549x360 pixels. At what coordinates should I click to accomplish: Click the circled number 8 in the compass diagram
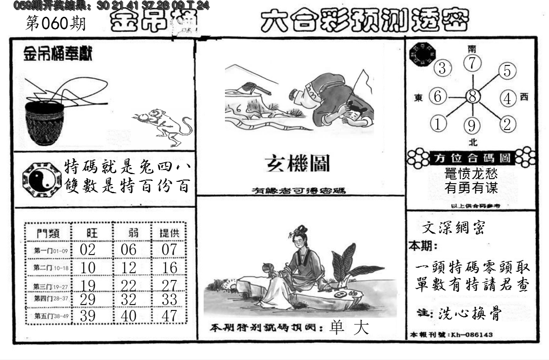tap(473, 97)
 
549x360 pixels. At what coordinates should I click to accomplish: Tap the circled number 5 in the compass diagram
tap(508, 71)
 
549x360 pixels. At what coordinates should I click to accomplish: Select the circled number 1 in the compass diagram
tap(438, 124)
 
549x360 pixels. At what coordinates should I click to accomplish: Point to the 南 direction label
tap(473, 49)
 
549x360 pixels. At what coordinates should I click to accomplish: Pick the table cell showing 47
tap(170, 315)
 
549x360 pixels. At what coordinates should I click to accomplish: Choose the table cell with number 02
tap(87, 249)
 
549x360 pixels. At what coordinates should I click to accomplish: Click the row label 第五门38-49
tap(50, 315)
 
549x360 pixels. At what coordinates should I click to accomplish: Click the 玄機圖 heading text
tap(298, 163)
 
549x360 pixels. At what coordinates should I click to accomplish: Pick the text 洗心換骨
tap(470, 314)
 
